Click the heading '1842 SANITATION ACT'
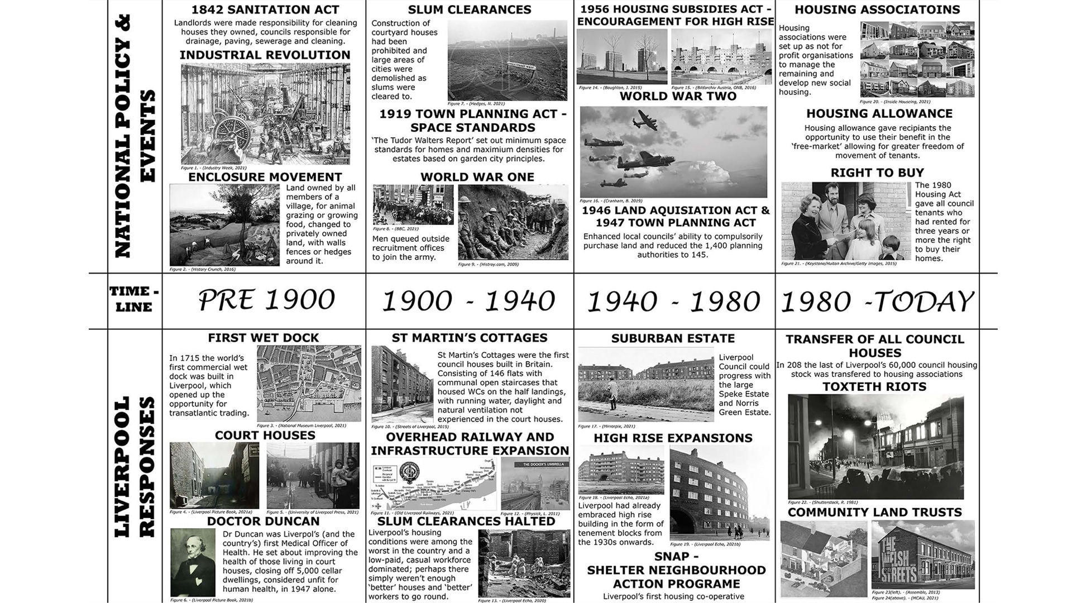click(x=265, y=9)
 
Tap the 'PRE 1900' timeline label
click(x=266, y=300)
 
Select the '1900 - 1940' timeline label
click(x=468, y=301)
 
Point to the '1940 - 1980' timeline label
click(x=673, y=301)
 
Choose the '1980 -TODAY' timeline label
click(x=877, y=301)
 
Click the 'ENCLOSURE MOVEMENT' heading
click(x=265, y=177)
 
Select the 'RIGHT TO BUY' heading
click(x=877, y=173)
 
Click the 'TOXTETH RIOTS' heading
click(x=874, y=387)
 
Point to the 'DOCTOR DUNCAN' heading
click(x=263, y=521)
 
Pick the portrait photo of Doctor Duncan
click(x=193, y=562)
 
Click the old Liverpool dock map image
click(x=308, y=384)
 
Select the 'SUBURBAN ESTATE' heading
click(x=673, y=338)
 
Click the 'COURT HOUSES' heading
click(x=265, y=435)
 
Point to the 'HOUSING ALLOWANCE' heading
click(x=879, y=114)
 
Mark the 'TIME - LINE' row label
click(x=134, y=299)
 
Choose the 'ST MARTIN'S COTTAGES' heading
click(x=469, y=338)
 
